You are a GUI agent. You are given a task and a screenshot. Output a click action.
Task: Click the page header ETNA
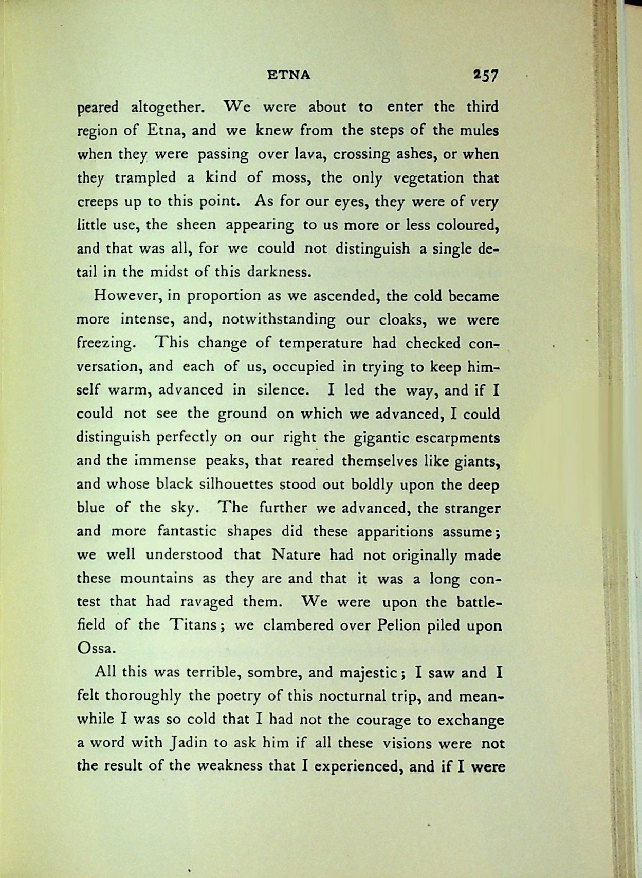click(289, 75)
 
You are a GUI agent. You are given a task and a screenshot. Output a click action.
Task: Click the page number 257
click(486, 76)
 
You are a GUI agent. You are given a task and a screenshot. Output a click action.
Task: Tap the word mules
click(480, 130)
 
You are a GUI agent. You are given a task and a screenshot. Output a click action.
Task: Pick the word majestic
click(369, 673)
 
